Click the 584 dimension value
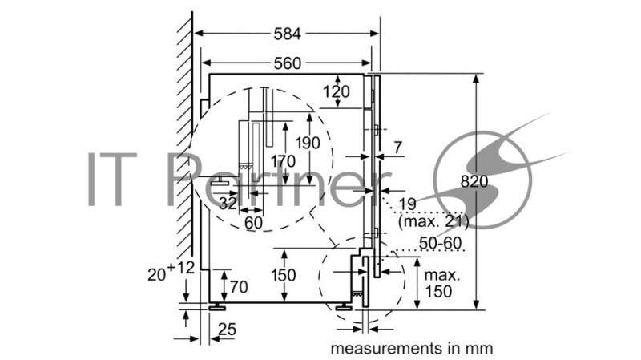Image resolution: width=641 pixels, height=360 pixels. click(288, 34)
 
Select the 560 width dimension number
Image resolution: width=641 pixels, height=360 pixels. click(288, 63)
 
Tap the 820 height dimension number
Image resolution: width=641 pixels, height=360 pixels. click(474, 181)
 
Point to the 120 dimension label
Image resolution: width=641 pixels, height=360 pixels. click(337, 91)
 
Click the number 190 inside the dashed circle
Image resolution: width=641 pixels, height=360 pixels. click(308, 143)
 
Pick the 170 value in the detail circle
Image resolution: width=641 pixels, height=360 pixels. click(283, 161)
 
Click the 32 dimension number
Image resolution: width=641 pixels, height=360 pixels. click(228, 203)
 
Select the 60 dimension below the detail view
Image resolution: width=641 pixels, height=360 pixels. click(253, 223)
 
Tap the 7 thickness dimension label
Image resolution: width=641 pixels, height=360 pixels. click(397, 148)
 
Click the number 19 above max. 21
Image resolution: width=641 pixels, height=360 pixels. click(407, 204)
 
